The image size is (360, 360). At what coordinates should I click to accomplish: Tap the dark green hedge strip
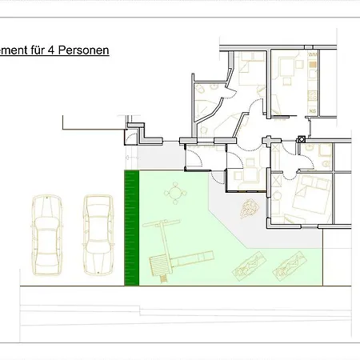[x=132, y=228]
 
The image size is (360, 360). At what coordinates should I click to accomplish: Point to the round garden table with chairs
[x=176, y=192]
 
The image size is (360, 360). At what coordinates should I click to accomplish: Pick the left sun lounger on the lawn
[x=249, y=264]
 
